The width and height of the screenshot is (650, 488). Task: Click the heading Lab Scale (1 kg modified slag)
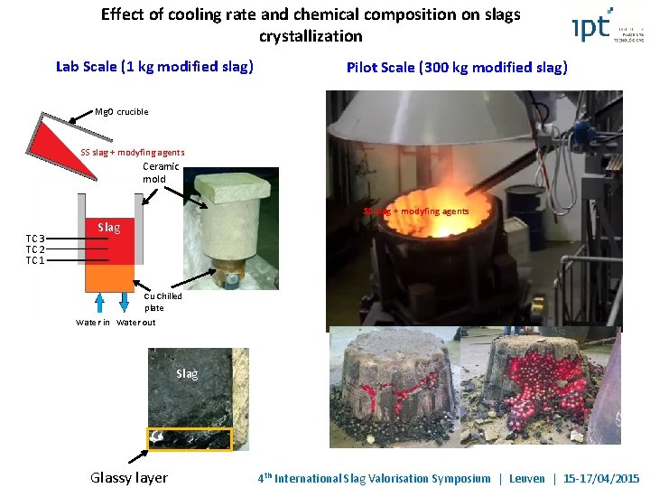[x=154, y=66]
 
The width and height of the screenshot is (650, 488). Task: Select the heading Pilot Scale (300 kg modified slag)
[x=457, y=67]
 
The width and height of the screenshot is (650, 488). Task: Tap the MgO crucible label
[x=121, y=112]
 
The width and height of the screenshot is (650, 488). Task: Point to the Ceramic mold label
[x=161, y=173]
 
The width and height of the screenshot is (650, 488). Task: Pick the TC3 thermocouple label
[x=35, y=239]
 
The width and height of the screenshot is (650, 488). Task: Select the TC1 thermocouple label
[x=35, y=260]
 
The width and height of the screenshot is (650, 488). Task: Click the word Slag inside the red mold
[x=108, y=227]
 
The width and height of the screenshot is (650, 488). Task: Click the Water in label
[x=93, y=322]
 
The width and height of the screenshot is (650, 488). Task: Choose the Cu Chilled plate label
[x=162, y=302]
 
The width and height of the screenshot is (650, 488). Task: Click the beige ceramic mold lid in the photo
[x=230, y=188]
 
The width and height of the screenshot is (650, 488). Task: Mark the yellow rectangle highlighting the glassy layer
[x=190, y=438]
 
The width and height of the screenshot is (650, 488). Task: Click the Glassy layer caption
[x=129, y=477]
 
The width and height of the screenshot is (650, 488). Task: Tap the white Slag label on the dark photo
[x=187, y=373]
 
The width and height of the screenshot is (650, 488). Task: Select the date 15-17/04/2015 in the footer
[x=600, y=478]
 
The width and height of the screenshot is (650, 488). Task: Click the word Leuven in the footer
[x=526, y=478]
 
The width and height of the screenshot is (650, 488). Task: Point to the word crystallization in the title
[x=311, y=36]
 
